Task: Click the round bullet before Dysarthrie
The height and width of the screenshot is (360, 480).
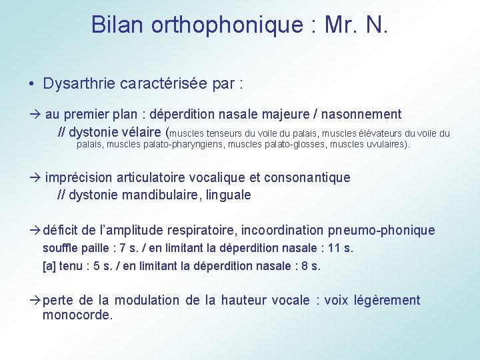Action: tap(31, 84)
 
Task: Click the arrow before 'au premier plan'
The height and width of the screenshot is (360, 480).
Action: tap(36, 115)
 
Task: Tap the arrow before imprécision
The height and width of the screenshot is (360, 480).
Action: tap(36, 177)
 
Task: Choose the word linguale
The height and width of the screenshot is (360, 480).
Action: tap(229, 195)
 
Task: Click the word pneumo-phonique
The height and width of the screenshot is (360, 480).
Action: tap(381, 231)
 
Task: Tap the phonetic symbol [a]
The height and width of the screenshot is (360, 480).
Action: tap(48, 265)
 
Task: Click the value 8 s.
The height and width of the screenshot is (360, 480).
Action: tap(309, 265)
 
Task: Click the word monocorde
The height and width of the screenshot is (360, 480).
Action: tap(77, 315)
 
